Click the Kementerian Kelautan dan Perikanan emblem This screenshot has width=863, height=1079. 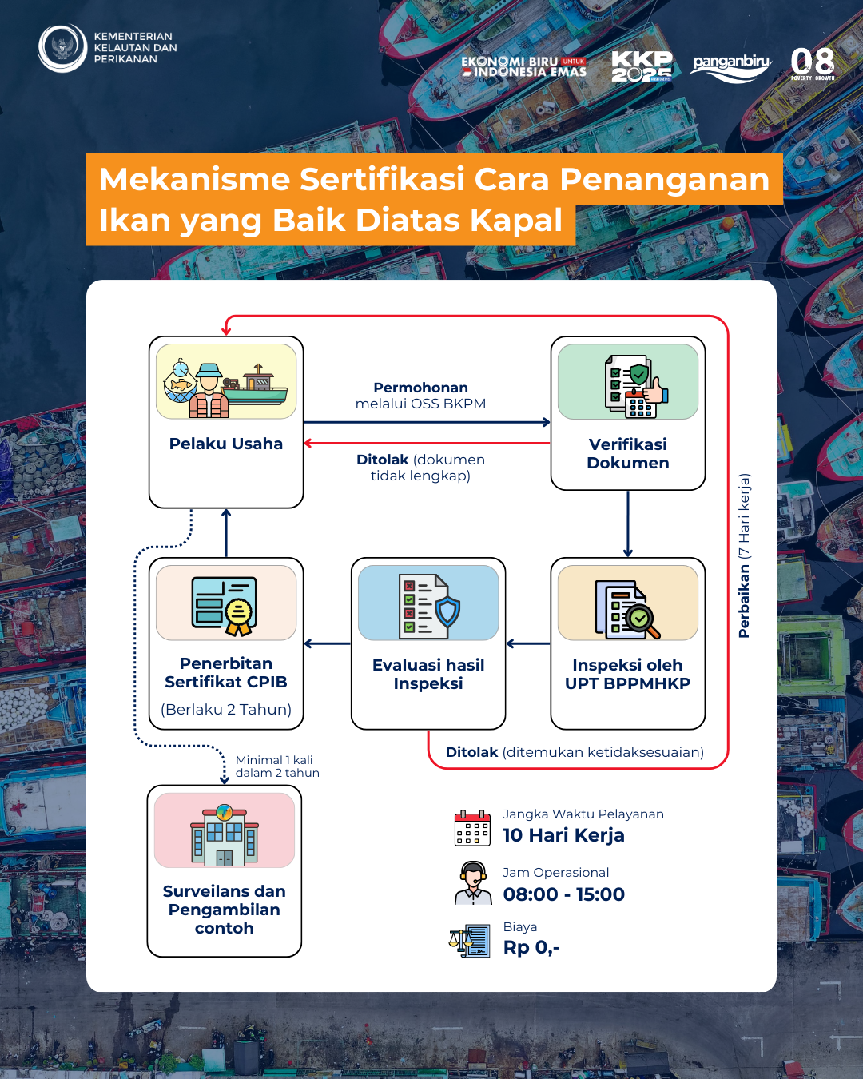[62, 48]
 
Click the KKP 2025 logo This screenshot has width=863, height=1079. [642, 66]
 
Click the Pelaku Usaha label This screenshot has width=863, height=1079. [225, 444]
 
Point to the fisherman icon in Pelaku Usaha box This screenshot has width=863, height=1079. [209, 391]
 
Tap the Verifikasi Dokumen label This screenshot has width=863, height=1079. [628, 453]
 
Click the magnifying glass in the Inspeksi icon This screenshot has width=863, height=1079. [643, 622]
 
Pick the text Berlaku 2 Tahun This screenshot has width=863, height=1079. [225, 710]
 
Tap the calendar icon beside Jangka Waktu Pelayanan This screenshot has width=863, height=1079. [472, 828]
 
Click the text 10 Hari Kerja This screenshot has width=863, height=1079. [563, 835]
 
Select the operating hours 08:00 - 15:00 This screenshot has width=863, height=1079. [563, 894]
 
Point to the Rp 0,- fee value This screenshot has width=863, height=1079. [531, 948]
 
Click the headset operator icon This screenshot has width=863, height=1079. [473, 883]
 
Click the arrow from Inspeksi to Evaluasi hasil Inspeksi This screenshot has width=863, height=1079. [528, 643]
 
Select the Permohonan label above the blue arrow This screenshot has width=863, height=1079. [421, 388]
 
